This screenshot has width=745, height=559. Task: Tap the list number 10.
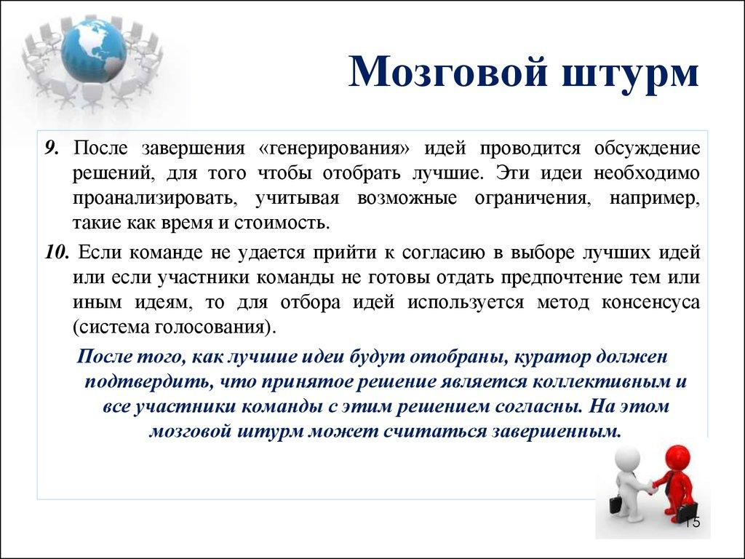(56, 252)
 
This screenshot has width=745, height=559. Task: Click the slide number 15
(691, 522)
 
